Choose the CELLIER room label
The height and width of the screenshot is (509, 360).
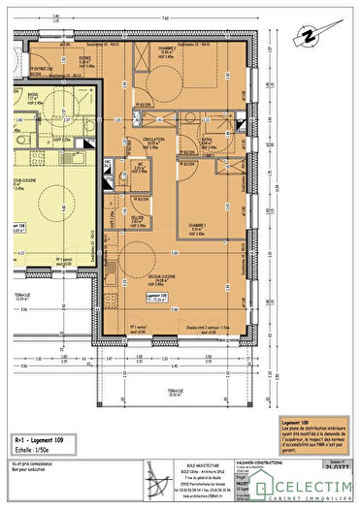(138, 218)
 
